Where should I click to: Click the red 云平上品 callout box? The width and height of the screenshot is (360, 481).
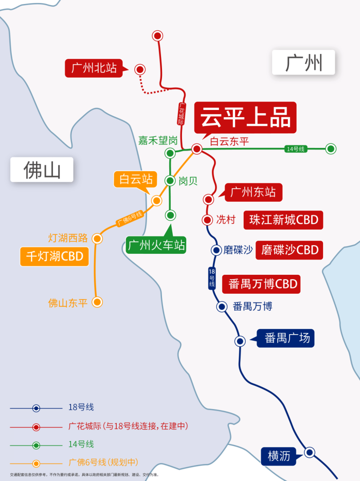245,117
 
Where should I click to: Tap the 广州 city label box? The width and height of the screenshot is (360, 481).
304,62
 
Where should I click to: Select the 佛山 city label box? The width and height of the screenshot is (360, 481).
42,170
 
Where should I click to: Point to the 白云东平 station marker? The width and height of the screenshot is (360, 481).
197,149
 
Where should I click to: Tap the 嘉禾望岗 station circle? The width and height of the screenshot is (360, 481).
170,154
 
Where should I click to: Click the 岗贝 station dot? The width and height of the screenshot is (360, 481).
170,180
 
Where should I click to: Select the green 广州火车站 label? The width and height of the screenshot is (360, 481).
156,245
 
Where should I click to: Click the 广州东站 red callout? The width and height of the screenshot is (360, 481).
253,192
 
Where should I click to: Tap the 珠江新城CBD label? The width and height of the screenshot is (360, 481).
283,220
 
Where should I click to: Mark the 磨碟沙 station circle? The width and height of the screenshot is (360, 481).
216,250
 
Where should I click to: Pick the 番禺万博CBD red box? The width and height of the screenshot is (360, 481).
261,284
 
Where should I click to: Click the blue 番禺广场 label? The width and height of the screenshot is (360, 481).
287,338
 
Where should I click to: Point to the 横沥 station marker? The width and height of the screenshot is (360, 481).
309,453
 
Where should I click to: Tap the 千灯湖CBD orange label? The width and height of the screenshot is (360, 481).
54,256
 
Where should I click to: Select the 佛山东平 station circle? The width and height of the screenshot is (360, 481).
97,302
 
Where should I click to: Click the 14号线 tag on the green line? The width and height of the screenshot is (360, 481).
295,149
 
